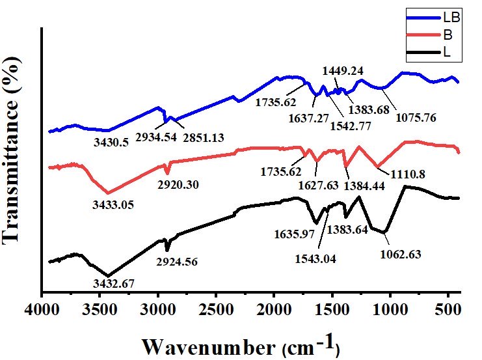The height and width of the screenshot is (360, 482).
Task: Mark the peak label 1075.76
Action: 416,118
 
